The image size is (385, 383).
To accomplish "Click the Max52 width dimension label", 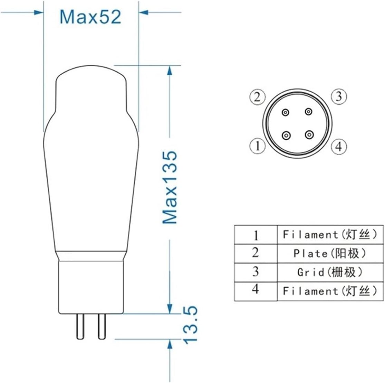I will [x=90, y=16].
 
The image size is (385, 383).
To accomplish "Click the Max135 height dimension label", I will [x=170, y=187].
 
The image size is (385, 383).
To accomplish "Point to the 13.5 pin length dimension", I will [x=190, y=324].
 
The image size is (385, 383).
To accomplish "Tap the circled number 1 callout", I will [x=257, y=146].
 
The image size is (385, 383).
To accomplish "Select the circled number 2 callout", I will [x=257, y=97].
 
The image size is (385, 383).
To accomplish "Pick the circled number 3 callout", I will [x=339, y=96].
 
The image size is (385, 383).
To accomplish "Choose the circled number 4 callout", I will [x=339, y=147].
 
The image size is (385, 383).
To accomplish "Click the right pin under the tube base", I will [x=102, y=326].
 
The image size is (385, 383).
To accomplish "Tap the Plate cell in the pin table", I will [x=330, y=253].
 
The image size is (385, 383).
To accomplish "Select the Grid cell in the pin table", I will [x=330, y=272].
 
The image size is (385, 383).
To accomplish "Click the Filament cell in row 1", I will [x=330, y=235].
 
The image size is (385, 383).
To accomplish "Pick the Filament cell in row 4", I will [x=330, y=291].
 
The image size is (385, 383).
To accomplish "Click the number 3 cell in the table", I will [x=256, y=272].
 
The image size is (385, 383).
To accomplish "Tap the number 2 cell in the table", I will [x=256, y=253].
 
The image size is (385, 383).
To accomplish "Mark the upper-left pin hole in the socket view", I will [x=286, y=112].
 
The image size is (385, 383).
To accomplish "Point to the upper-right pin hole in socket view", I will [x=308, y=112].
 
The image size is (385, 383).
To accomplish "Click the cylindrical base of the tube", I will [x=91, y=287].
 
